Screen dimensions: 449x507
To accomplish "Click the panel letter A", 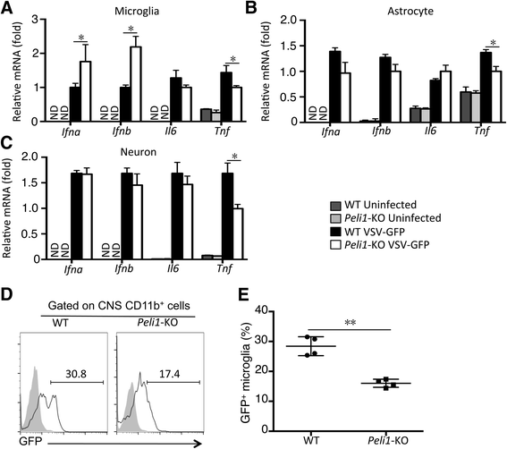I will coord(8,9).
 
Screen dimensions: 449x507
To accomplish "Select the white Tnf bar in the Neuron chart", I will coord(238,233).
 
